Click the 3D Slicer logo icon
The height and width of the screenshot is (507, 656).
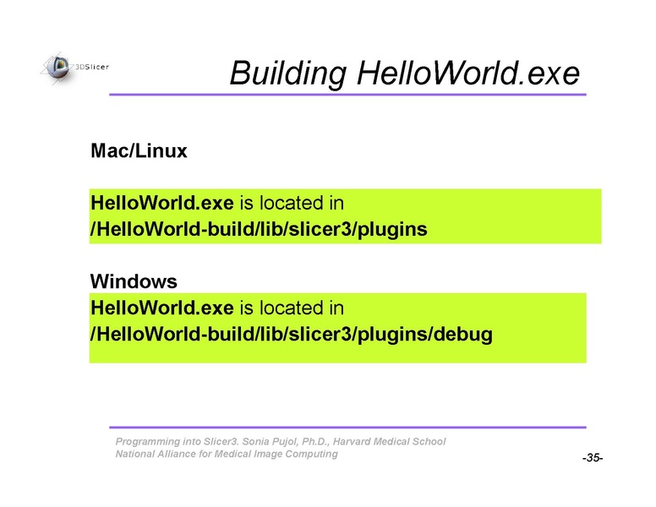pos(57,68)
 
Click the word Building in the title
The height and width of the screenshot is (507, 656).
pos(288,74)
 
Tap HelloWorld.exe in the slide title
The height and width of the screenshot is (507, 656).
pos(468,73)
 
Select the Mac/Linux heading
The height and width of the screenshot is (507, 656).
pos(139,150)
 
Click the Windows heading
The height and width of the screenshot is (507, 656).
pos(134,281)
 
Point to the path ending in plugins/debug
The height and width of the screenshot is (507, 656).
pos(291,335)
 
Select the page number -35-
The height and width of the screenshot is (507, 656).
pos(593,458)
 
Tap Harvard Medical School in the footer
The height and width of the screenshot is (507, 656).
pos(389,441)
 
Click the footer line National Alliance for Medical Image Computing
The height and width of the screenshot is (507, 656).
pos(227,454)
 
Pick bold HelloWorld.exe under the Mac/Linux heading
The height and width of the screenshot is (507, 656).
pos(162,203)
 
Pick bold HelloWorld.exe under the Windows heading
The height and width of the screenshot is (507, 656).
pos(162,308)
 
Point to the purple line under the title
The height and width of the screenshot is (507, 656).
pos(347,95)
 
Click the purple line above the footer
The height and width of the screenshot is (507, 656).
pos(347,427)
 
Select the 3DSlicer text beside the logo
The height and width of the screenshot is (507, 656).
pos(92,67)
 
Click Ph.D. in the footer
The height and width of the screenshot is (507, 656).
pos(315,442)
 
